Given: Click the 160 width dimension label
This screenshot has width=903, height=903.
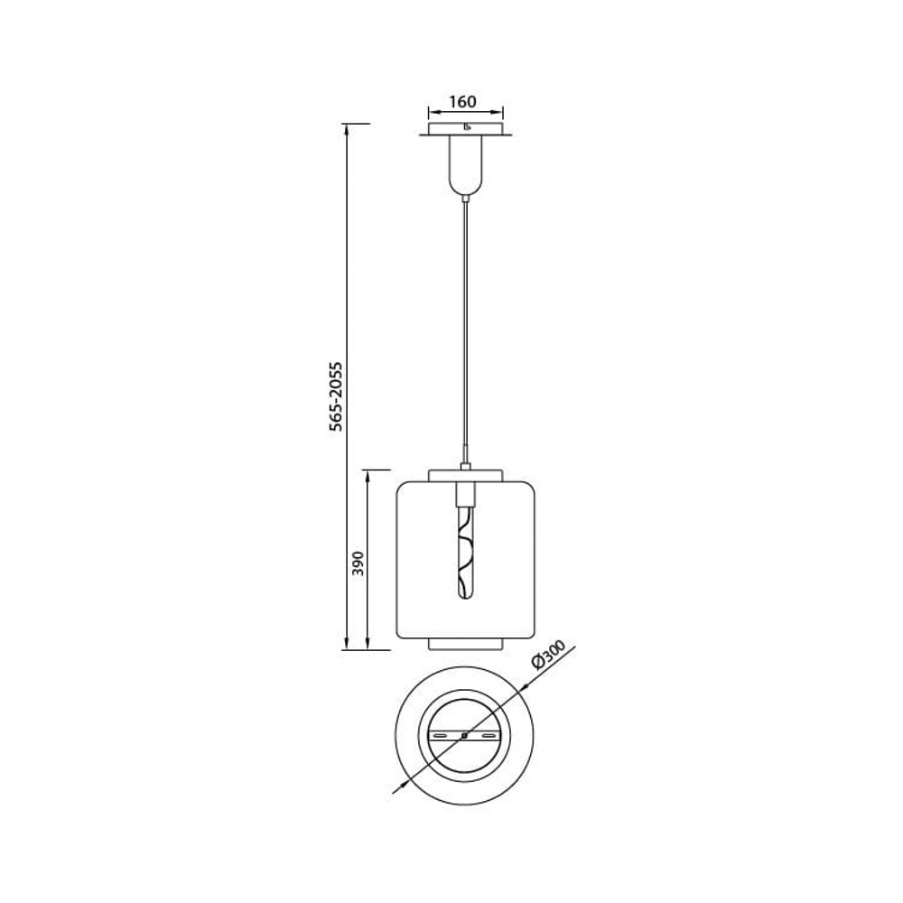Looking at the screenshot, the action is [x=462, y=102].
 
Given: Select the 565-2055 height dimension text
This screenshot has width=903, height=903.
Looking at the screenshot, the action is [x=336, y=396].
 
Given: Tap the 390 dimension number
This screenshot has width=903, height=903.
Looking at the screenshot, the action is [x=358, y=563].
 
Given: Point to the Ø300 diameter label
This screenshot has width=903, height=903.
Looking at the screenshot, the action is [x=548, y=655].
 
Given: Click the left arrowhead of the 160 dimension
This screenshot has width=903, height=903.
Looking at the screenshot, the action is [x=432, y=112].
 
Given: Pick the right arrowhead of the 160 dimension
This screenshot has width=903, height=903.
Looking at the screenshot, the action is [x=499, y=112].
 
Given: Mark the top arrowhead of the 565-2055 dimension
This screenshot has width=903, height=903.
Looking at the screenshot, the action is [x=346, y=129].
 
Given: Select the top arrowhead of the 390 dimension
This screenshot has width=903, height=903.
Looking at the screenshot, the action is [x=368, y=475].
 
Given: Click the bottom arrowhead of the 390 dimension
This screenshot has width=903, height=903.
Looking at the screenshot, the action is [x=368, y=645].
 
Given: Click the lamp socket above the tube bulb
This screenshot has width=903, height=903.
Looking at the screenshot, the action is [x=465, y=493].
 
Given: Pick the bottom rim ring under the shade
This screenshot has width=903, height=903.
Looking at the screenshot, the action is [x=465, y=644].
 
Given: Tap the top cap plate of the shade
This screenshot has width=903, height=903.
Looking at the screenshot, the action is [x=465, y=475].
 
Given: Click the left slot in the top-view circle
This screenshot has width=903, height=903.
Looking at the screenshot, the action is [x=442, y=736].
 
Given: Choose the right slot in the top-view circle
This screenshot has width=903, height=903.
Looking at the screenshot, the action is [x=489, y=736].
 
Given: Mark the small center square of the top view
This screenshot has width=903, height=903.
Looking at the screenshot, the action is [x=465, y=735].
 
